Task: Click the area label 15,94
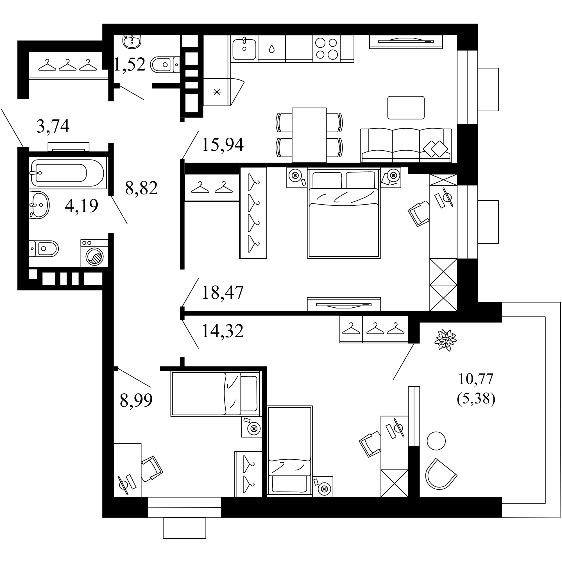pos(223,144)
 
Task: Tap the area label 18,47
pos(223,293)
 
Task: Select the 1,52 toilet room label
pos(130,65)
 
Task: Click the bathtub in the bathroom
pos(67,173)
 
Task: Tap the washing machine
pos(94,253)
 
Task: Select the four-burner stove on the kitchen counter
pos(326,49)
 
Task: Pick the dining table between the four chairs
pos(309,135)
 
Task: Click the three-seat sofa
pos(406,146)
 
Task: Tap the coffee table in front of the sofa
pos(406,108)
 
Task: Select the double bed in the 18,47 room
pos(344,214)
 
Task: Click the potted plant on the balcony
pos(445,340)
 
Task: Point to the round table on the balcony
pos(436,441)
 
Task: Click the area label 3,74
pos(53,126)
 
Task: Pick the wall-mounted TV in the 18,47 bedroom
pos(344,305)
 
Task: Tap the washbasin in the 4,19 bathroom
pos(39,205)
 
